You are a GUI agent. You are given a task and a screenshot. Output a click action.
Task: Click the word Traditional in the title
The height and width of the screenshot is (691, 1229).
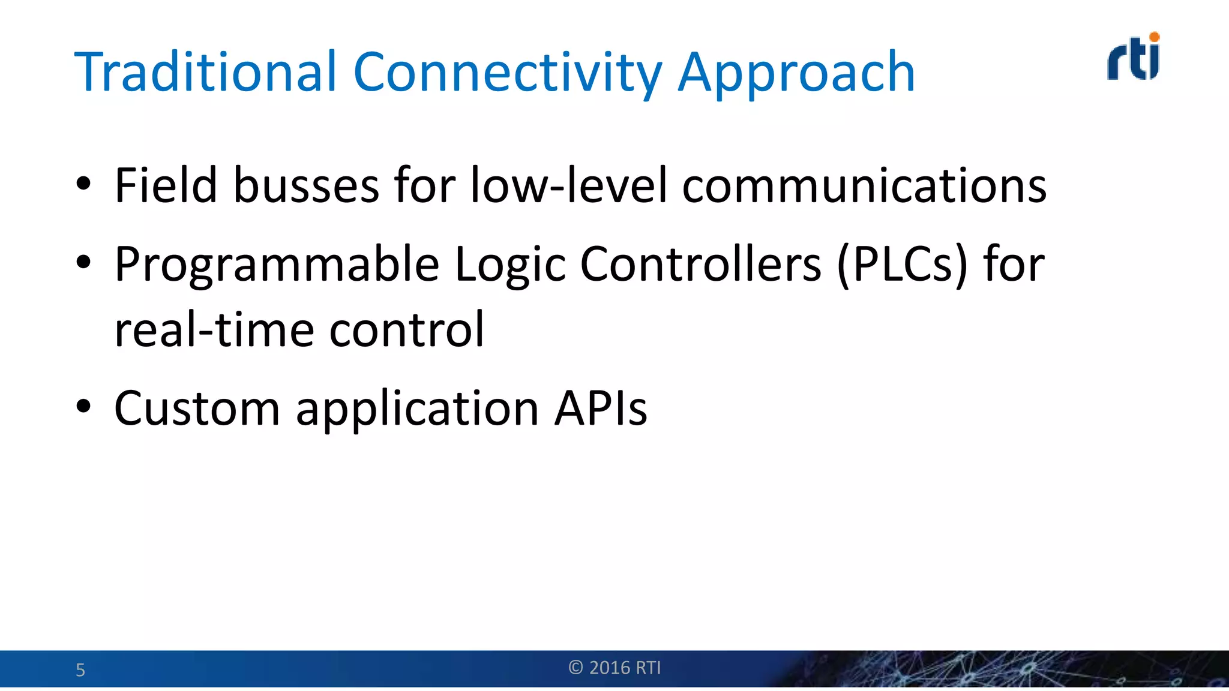pos(205,73)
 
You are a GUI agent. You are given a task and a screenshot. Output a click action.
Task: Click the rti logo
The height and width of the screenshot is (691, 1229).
pos(1133,58)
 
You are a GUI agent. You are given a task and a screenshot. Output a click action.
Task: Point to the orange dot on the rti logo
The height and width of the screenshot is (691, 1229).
pos(1154,37)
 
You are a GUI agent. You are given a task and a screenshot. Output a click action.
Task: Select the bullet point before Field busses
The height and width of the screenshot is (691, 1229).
pos(83,184)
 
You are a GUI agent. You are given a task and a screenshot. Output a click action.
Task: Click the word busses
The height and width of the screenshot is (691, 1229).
pos(306,185)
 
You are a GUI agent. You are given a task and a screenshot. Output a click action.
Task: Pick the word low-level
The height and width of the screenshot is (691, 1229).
pos(568,185)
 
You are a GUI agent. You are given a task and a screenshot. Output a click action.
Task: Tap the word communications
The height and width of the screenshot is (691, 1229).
pos(864,185)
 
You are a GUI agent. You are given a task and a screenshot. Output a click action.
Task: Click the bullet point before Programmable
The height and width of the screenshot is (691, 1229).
pos(83,262)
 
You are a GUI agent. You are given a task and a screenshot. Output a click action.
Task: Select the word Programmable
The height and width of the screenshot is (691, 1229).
pos(277,265)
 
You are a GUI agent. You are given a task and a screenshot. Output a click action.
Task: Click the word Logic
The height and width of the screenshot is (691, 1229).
pos(509,265)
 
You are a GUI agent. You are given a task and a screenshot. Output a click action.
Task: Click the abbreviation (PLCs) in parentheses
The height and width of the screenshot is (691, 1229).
pos(902,265)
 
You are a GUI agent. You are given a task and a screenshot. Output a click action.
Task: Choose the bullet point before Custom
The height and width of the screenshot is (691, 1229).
pos(83,406)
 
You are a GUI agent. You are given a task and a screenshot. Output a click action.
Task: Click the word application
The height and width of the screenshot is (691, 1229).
pos(417,409)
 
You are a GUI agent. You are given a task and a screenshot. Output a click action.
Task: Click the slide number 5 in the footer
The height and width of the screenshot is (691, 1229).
pos(80,670)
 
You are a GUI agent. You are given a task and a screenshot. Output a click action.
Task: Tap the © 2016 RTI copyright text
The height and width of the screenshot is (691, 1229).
pos(614,668)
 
